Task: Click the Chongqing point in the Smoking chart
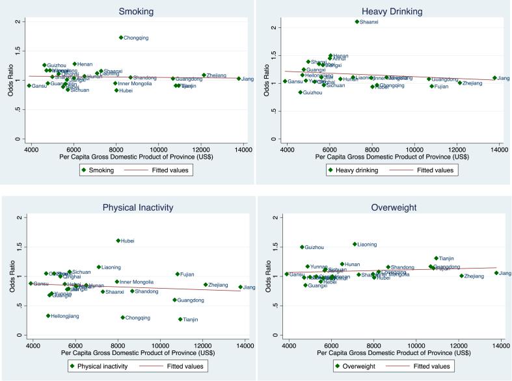click(x=121, y=38)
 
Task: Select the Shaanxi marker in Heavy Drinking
click(x=357, y=21)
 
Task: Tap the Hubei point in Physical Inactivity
click(x=118, y=241)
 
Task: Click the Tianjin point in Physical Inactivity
click(x=180, y=319)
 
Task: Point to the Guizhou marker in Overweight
click(x=302, y=247)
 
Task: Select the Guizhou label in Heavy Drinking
click(x=313, y=93)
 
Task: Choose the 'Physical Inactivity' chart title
click(x=129, y=207)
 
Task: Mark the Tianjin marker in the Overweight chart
click(x=437, y=258)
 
